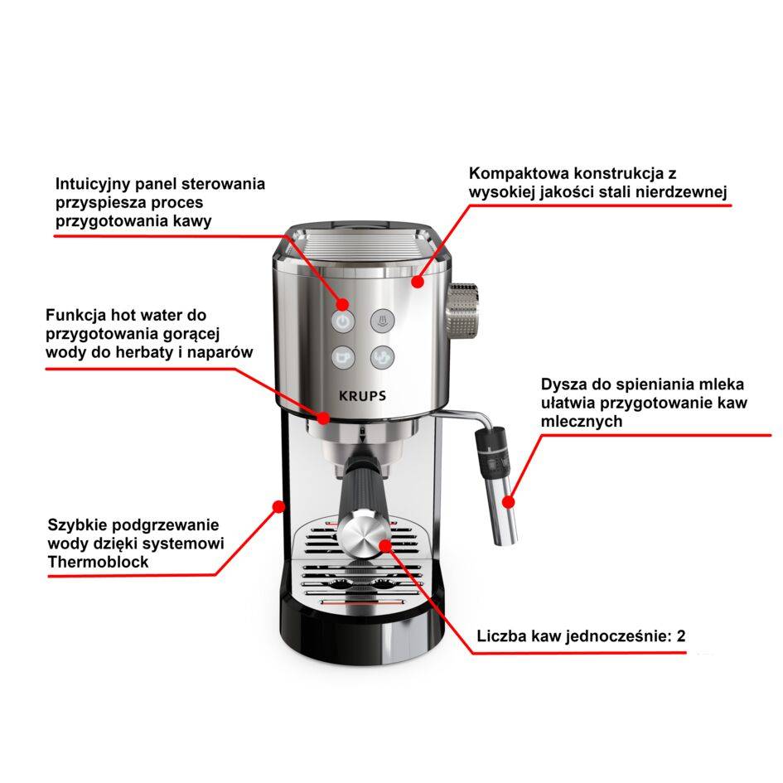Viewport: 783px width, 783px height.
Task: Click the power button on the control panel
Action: (343, 322)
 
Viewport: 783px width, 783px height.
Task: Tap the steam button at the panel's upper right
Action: (383, 321)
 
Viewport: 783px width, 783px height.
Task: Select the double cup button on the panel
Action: (383, 358)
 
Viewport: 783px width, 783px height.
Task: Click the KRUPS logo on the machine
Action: (362, 396)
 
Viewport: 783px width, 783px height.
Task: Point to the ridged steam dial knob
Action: (462, 312)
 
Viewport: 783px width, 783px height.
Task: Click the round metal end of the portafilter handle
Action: (364, 532)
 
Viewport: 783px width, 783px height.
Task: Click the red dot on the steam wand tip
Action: (509, 501)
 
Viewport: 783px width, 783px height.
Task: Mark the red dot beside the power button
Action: (342, 303)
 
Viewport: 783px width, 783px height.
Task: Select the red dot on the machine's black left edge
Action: (278, 507)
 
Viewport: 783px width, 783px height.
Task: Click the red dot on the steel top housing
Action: (418, 283)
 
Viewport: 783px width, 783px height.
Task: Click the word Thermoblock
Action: (99, 562)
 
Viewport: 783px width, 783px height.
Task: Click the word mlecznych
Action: (582, 421)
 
